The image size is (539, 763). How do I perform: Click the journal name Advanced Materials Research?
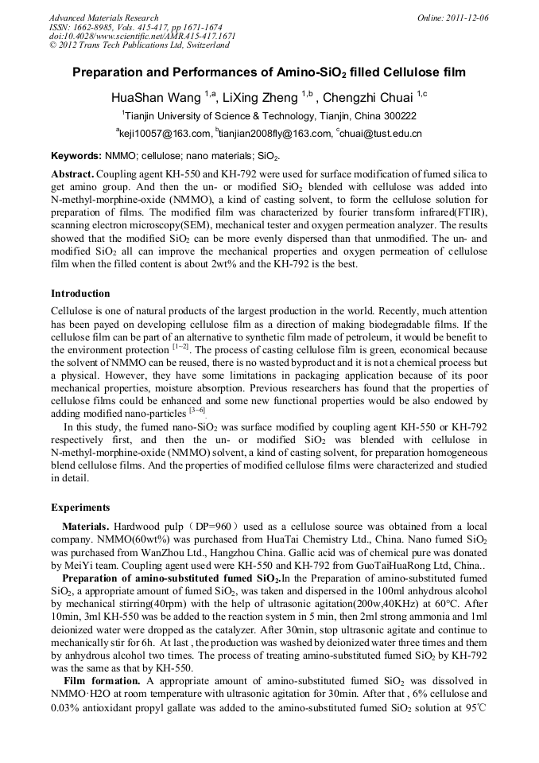[x=103, y=17]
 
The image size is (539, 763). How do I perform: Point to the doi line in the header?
[x=142, y=36]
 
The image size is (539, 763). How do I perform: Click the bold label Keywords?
[x=76, y=156]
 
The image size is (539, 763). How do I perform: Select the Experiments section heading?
[x=80, y=508]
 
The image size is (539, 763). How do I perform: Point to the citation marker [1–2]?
[x=180, y=347]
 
